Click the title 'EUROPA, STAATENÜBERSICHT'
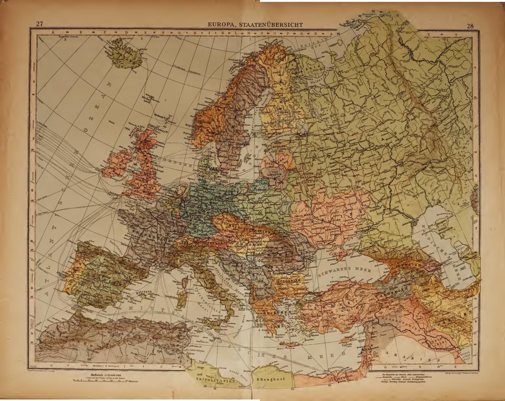pyautogui.click(x=255, y=25)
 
